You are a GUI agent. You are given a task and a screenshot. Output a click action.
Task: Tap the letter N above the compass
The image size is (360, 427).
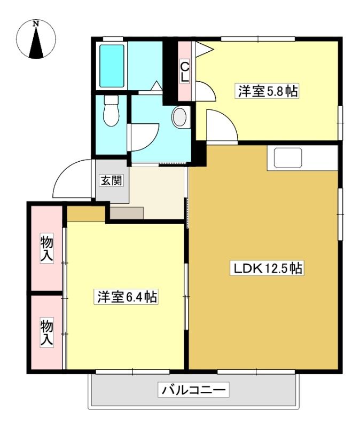point(36,23)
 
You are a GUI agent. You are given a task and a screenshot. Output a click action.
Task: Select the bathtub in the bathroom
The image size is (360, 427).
point(112,66)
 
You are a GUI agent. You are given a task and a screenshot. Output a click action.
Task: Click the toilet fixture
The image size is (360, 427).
point(111,110)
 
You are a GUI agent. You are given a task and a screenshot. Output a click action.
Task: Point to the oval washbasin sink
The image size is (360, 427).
point(181,117)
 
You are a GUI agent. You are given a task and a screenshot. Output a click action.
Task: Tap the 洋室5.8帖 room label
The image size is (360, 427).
point(268,91)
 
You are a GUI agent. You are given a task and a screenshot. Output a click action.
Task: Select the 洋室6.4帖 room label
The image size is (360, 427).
point(127,297)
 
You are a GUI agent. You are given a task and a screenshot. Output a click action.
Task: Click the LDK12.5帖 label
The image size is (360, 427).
point(267,268)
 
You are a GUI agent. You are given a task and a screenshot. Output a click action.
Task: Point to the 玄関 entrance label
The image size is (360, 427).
point(111,180)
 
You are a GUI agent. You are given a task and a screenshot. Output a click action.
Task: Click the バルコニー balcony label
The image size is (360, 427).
point(193,390)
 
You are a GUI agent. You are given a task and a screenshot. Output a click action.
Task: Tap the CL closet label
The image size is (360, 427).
point(185,72)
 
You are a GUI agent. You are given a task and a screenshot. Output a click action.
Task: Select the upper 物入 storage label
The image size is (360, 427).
point(46,248)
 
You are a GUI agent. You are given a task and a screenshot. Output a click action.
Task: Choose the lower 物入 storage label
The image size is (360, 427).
point(46,333)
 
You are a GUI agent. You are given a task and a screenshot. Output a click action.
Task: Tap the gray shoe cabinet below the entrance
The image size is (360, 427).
point(127,213)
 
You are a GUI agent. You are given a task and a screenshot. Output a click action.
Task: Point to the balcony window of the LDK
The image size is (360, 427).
point(256,371)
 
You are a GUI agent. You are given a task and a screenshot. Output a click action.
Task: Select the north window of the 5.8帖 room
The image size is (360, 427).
point(258,38)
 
